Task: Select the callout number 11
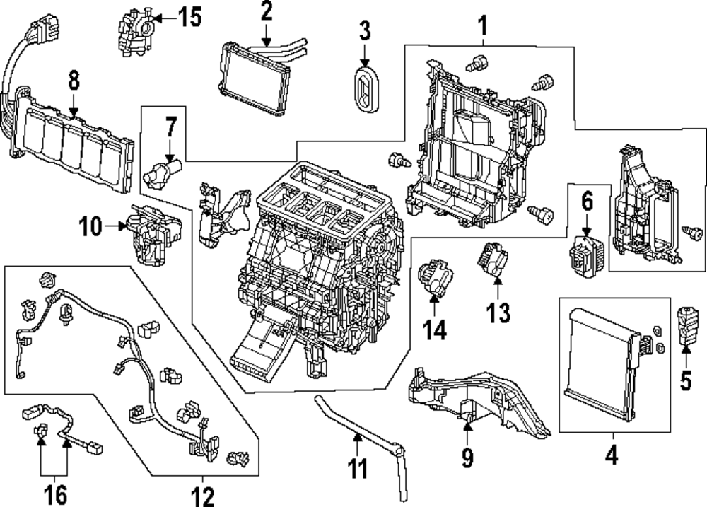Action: (x=358, y=468)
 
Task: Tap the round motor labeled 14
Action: (x=433, y=279)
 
